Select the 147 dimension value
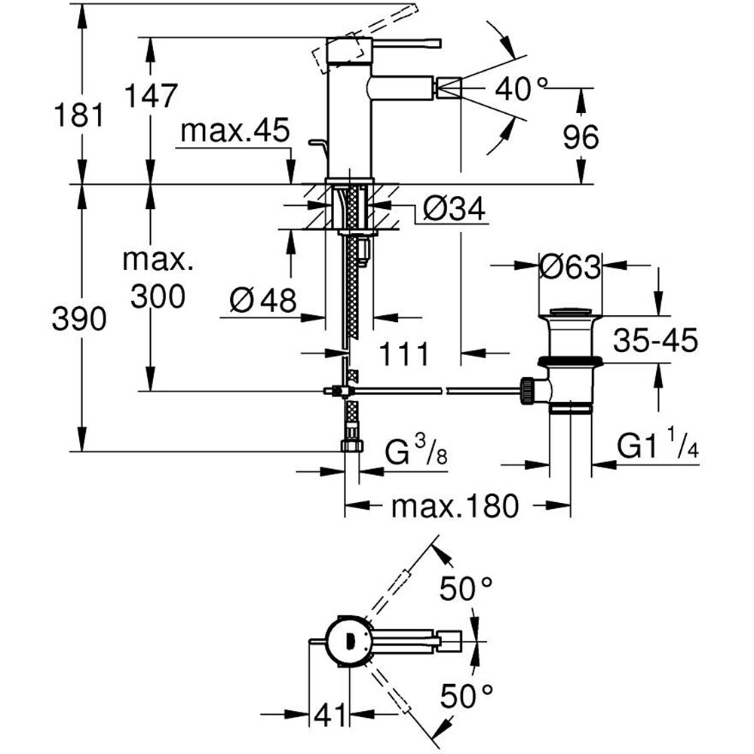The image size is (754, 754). tap(151, 97)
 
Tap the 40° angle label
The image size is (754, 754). tap(521, 90)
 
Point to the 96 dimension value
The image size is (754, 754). tap(581, 137)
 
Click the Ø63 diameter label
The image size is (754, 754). tap(570, 265)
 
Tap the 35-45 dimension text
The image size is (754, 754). tap(654, 341)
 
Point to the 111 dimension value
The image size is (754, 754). tap(403, 353)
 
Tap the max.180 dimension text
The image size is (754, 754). tap(455, 507)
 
